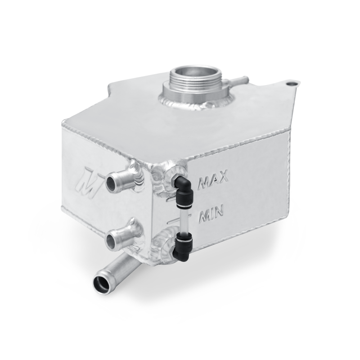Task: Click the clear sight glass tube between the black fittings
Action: coord(183,217)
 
